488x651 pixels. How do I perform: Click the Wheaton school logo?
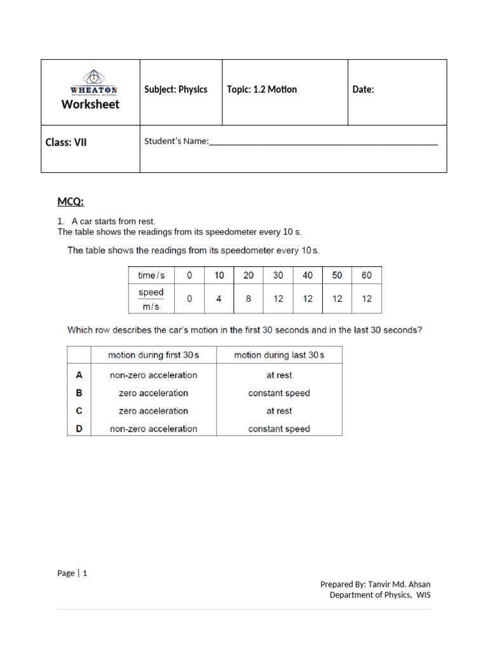pyautogui.click(x=93, y=81)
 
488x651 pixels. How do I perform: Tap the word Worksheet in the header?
pyautogui.click(x=90, y=104)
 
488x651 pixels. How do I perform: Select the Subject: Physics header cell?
pyautogui.click(x=176, y=90)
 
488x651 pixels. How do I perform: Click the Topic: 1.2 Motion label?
pyautogui.click(x=262, y=90)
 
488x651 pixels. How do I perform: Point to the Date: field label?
pyautogui.click(x=363, y=90)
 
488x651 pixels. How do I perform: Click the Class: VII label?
pyautogui.click(x=66, y=142)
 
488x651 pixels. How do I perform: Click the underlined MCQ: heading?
pyautogui.click(x=71, y=202)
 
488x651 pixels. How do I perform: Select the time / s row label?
pyautogui.click(x=151, y=275)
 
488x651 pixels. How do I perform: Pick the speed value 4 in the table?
pyautogui.click(x=219, y=299)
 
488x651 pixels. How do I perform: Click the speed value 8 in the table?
pyautogui.click(x=248, y=299)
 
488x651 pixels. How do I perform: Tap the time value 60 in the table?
pyautogui.click(x=367, y=275)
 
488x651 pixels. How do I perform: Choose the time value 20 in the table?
pyautogui.click(x=248, y=275)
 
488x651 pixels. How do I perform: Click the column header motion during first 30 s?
pyautogui.click(x=153, y=355)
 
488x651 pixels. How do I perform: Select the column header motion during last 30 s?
pyautogui.click(x=279, y=355)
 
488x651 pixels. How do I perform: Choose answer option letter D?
pyautogui.click(x=79, y=428)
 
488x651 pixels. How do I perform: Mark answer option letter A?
pyautogui.click(x=79, y=375)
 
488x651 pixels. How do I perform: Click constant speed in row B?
pyautogui.click(x=279, y=393)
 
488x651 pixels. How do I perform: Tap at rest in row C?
pyautogui.click(x=279, y=411)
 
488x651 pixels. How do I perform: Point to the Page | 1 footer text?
pyautogui.click(x=72, y=573)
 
